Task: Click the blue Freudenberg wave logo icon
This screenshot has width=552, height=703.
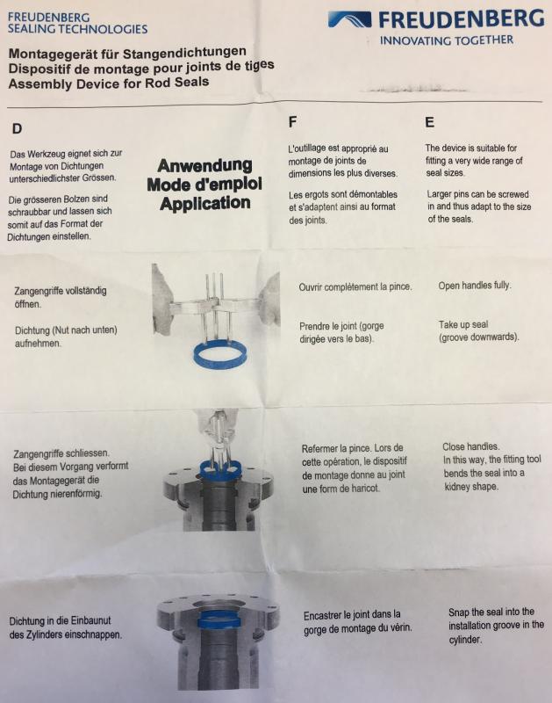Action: point(349,19)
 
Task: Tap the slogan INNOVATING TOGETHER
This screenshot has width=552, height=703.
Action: point(447,40)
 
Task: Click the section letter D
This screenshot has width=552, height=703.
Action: point(17,128)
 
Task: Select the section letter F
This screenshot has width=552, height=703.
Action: point(292,122)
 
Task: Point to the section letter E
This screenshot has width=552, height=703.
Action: point(429,122)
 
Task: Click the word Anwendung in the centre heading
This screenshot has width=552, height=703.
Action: point(204,165)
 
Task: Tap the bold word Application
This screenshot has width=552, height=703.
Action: point(204,203)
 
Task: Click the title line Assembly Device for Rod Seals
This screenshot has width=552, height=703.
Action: point(109,83)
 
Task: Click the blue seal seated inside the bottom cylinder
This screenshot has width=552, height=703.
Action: point(219,620)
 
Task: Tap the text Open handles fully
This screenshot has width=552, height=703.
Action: point(475,286)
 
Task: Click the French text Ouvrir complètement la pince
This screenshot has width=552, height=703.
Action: point(355,286)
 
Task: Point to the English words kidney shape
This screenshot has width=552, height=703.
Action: point(471,487)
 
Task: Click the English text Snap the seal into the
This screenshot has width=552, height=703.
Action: point(491,612)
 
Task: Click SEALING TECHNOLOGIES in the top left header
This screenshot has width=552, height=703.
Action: point(77,29)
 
